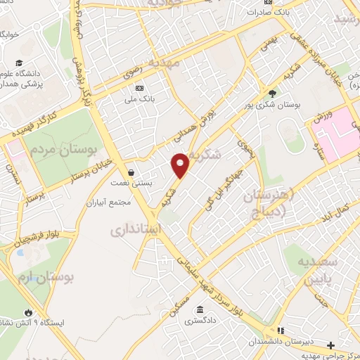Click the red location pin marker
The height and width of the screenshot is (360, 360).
pyautogui.click(x=181, y=165)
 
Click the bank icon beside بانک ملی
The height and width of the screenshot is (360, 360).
pyautogui.click(x=139, y=89)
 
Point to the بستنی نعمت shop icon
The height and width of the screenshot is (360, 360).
pyautogui.click(x=131, y=172)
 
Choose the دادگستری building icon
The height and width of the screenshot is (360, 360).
pyautogui.click(x=200, y=310)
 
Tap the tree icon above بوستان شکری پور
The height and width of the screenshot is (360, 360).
pyautogui.click(x=272, y=93)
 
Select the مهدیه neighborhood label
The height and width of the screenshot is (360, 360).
pyautogui.click(x=174, y=63)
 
